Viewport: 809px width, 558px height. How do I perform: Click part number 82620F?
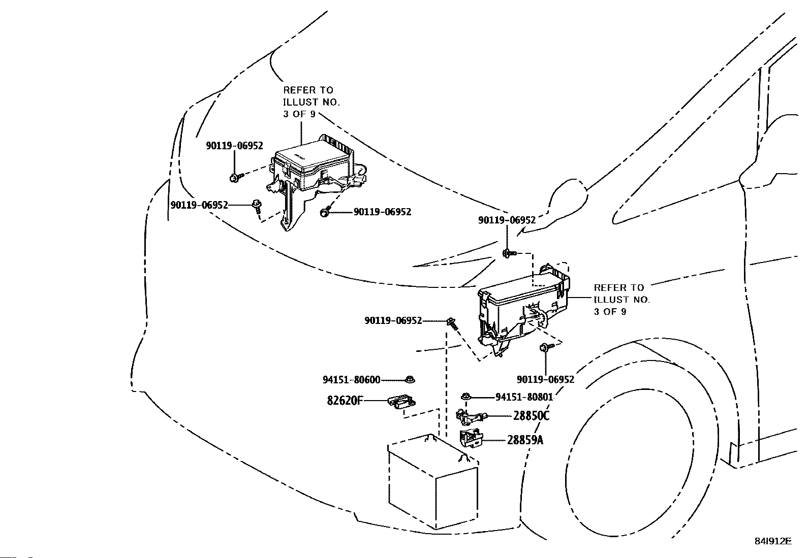coord(344,401)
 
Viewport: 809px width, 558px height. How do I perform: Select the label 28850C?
coord(531,416)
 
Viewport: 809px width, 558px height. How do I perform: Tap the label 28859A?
coord(525,440)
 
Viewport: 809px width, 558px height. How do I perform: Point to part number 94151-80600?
coord(352,380)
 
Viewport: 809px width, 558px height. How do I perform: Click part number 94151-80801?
coord(524,397)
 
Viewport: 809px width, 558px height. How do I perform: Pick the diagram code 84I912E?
coord(773,541)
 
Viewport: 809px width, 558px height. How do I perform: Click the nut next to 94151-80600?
coord(410,379)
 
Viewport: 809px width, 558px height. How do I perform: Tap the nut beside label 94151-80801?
coord(465,397)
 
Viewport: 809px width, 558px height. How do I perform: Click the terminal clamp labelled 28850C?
coord(472,416)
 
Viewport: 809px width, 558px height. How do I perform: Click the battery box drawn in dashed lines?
coord(433,482)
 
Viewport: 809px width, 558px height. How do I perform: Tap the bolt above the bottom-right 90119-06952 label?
coord(546,347)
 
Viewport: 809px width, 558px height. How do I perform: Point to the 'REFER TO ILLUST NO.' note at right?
coord(621,300)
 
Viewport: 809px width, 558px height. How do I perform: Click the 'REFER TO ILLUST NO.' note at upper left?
coord(312,102)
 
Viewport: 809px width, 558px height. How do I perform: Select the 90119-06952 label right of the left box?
coord(383,212)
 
